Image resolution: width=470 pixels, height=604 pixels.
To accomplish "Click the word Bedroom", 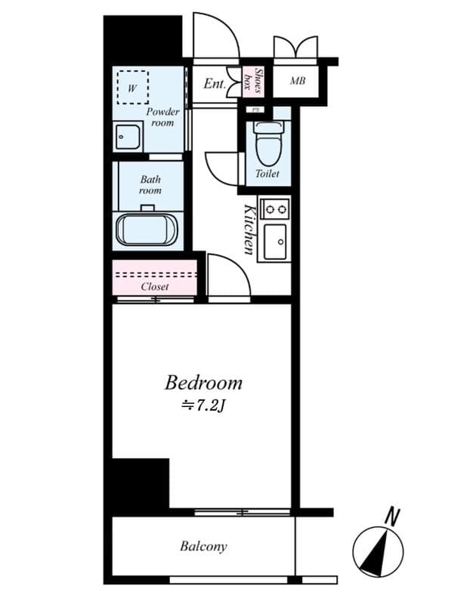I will click(203, 382).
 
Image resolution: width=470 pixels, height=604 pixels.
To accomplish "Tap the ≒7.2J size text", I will click(203, 406).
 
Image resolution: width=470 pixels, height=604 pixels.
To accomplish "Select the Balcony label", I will click(203, 546).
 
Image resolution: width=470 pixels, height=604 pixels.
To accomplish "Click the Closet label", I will click(155, 287).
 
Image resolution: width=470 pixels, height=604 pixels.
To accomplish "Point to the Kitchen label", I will click(249, 230).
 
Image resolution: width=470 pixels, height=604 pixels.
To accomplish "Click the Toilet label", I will click(267, 174).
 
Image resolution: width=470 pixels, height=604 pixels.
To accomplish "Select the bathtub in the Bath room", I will click(147, 227).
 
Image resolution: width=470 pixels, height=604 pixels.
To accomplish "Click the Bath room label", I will click(150, 186).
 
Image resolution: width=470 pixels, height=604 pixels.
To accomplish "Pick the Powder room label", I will click(162, 117).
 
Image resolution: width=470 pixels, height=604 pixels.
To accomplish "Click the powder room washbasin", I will click(128, 137).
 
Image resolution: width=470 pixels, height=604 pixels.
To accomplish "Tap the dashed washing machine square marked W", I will click(132, 88).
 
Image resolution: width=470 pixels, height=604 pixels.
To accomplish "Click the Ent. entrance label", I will click(215, 84).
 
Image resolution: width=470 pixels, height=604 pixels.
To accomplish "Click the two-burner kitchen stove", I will click(273, 208).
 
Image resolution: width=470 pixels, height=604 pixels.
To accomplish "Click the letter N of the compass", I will click(391, 517).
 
